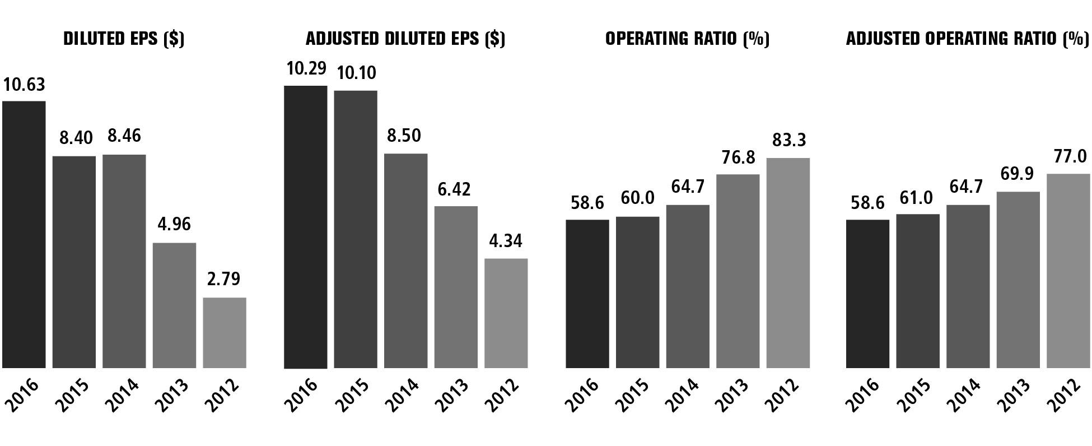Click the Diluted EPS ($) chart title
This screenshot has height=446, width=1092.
pyautogui.click(x=124, y=39)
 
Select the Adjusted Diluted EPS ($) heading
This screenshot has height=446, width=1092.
pyautogui.click(x=405, y=39)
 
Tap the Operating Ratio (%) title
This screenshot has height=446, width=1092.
pyautogui.click(x=687, y=39)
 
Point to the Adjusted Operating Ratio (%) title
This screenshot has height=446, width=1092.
pyautogui.click(x=968, y=39)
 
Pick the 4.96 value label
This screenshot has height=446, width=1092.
pyautogui.click(x=174, y=224)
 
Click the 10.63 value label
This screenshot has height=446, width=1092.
pyautogui.click(x=24, y=85)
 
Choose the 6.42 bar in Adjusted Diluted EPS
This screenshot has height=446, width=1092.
pyautogui.click(x=456, y=287)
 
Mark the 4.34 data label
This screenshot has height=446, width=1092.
pyautogui.click(x=506, y=241)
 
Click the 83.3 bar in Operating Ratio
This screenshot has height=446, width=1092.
pyautogui.click(x=788, y=263)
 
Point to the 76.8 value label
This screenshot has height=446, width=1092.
pyautogui.click(x=738, y=157)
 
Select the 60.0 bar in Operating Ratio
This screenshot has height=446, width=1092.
pyautogui.click(x=637, y=292)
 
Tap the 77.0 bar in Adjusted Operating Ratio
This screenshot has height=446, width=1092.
pyautogui.click(x=1068, y=271)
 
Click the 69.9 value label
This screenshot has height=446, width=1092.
pyautogui.click(x=1018, y=174)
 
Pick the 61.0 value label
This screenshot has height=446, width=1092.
pyautogui.click(x=917, y=198)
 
